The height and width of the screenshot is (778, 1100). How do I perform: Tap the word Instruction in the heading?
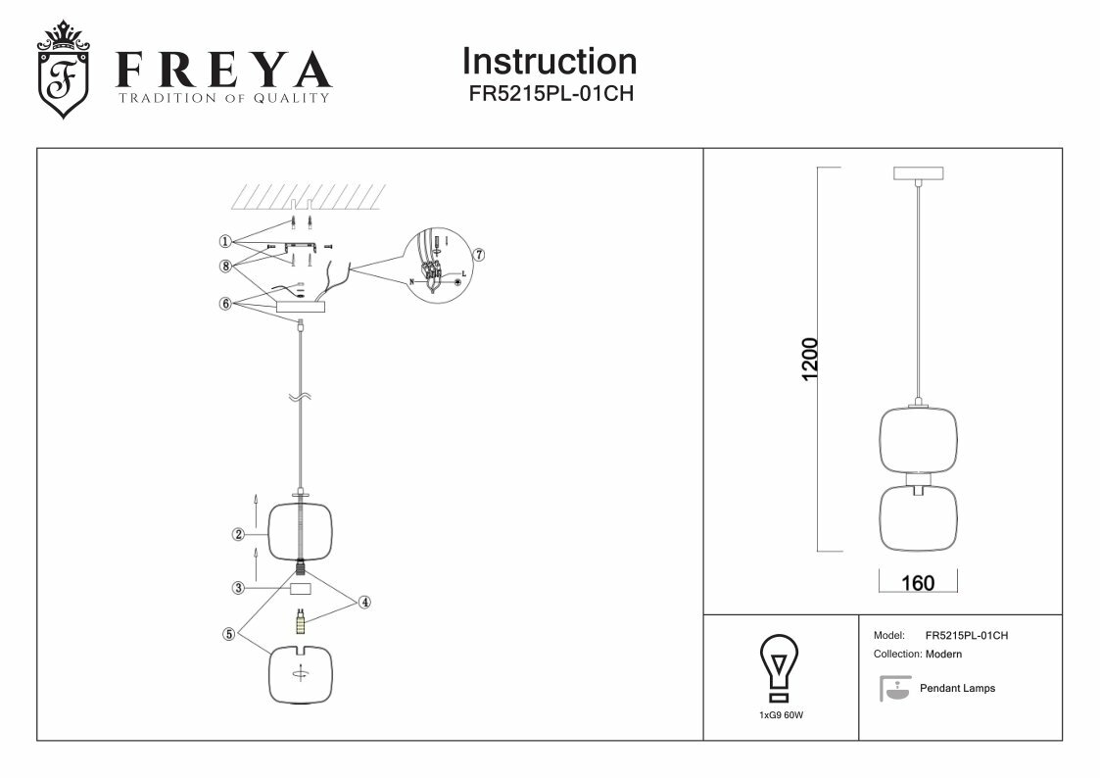pyautogui.click(x=550, y=62)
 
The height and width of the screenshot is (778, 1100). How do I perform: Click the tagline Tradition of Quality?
pyautogui.click(x=224, y=98)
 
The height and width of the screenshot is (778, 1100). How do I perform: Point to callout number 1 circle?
pyautogui.click(x=225, y=240)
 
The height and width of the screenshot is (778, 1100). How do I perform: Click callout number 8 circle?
pyautogui.click(x=225, y=265)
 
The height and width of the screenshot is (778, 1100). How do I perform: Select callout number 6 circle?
pyautogui.click(x=225, y=304)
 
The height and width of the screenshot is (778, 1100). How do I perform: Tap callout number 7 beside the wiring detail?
pyautogui.click(x=479, y=254)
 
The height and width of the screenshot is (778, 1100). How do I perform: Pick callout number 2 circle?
pyautogui.click(x=238, y=534)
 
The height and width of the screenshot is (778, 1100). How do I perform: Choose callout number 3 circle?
pyautogui.click(x=238, y=588)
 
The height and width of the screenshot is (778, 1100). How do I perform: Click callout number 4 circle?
pyautogui.click(x=364, y=602)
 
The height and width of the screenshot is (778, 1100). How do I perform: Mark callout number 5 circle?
pyautogui.click(x=228, y=633)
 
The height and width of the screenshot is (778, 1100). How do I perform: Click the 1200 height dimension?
pyautogui.click(x=809, y=360)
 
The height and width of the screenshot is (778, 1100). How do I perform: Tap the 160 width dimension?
pyautogui.click(x=917, y=583)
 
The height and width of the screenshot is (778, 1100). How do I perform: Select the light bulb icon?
pyautogui.click(x=780, y=668)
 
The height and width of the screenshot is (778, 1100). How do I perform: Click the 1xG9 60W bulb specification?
pyautogui.click(x=781, y=716)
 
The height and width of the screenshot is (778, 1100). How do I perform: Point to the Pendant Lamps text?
pyautogui.click(x=957, y=689)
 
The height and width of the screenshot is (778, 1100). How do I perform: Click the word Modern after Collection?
pyautogui.click(x=943, y=654)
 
